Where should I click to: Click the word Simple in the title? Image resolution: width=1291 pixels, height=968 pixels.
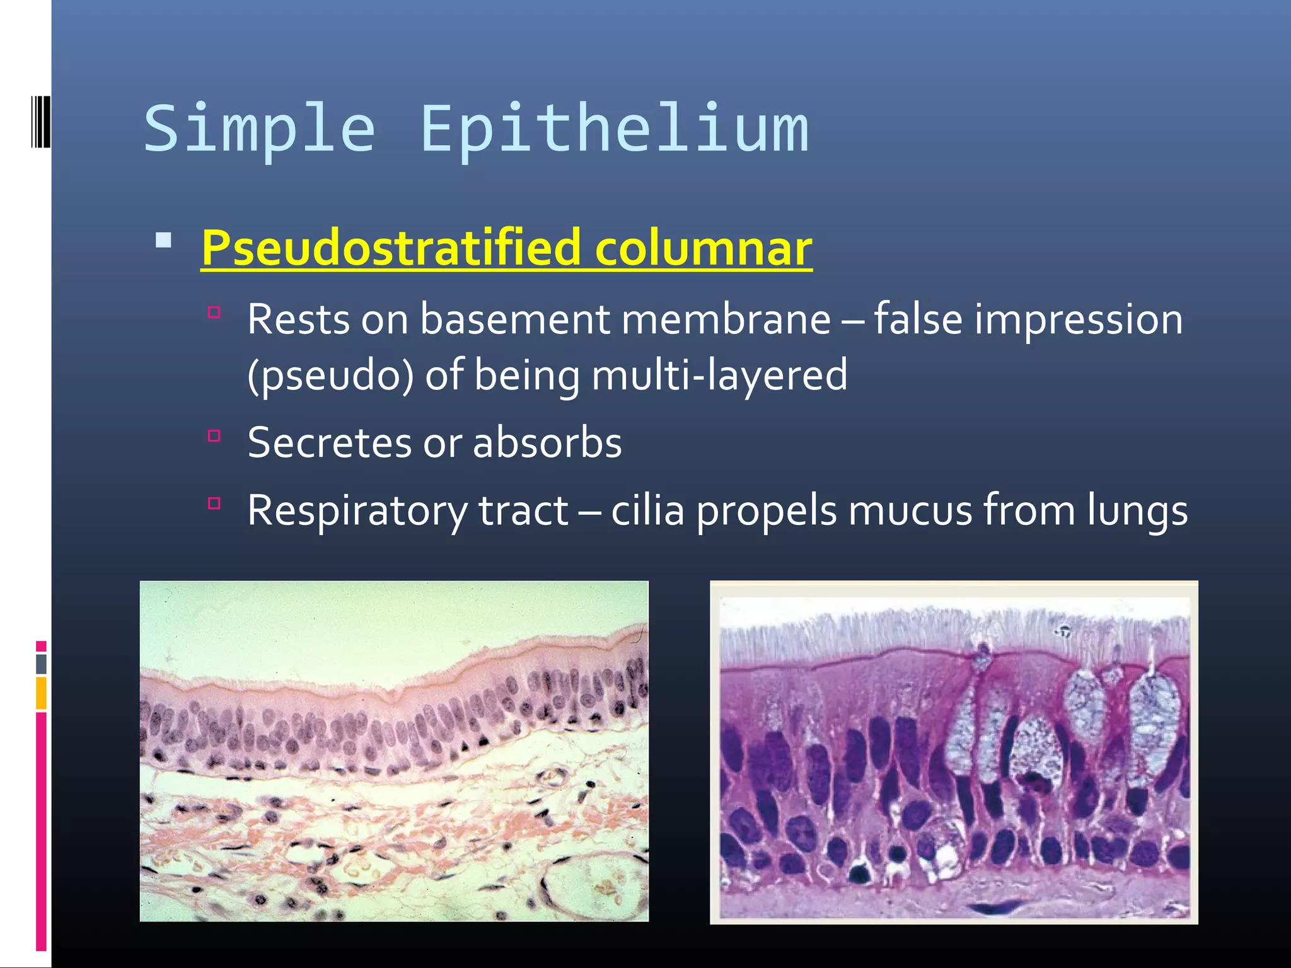pyautogui.click(x=259, y=129)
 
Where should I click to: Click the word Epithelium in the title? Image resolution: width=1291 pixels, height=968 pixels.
pyautogui.click(x=615, y=129)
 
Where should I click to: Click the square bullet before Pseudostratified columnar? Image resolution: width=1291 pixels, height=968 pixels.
pyautogui.click(x=164, y=240)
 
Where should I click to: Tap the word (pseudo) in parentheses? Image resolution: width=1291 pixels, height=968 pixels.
pyautogui.click(x=331, y=375)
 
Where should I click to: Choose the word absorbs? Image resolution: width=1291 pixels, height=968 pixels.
pyautogui.click(x=547, y=442)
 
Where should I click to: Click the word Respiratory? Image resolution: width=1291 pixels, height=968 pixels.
pyautogui.click(x=357, y=510)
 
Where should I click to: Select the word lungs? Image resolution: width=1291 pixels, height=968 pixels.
pyautogui.click(x=1137, y=510)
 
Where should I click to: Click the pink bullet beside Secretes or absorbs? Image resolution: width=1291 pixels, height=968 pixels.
pyautogui.click(x=214, y=435)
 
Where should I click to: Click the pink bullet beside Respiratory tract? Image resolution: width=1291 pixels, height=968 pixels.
pyautogui.click(x=214, y=503)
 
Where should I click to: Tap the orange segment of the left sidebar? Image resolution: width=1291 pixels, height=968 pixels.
pyautogui.click(x=42, y=693)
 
